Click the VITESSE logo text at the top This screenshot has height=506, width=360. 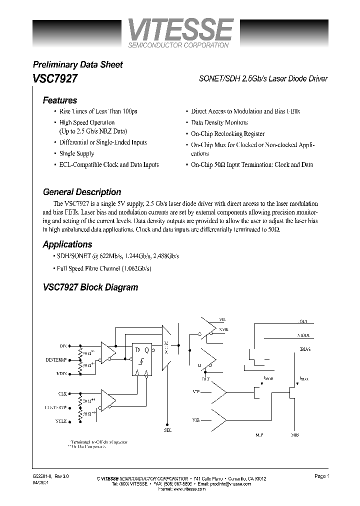[x=179, y=29]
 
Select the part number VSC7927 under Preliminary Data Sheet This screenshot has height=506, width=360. [x=54, y=79]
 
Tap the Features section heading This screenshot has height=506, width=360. [x=59, y=100]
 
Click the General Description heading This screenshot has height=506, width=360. [x=82, y=192]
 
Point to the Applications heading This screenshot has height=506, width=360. [x=67, y=244]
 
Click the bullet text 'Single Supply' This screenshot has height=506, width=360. [x=76, y=153]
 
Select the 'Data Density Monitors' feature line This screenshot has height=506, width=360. [x=219, y=122]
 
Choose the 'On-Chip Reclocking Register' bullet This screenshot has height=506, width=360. [x=227, y=134]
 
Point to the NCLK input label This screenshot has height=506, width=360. [x=61, y=421]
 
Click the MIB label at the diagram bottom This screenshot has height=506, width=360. [x=295, y=435]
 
